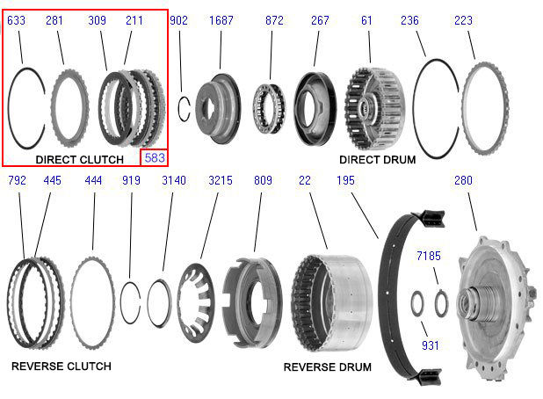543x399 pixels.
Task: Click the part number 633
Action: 17,20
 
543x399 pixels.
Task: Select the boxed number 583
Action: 155,158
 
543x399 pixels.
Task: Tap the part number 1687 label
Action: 221,20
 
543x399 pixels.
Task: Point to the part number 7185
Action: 429,256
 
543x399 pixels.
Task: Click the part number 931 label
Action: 431,345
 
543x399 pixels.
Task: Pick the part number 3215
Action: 221,180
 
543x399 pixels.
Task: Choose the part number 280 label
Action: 463,180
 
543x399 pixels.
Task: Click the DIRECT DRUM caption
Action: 378,160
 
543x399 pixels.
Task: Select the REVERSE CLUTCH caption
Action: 62,366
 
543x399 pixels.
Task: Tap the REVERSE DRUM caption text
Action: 327,366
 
